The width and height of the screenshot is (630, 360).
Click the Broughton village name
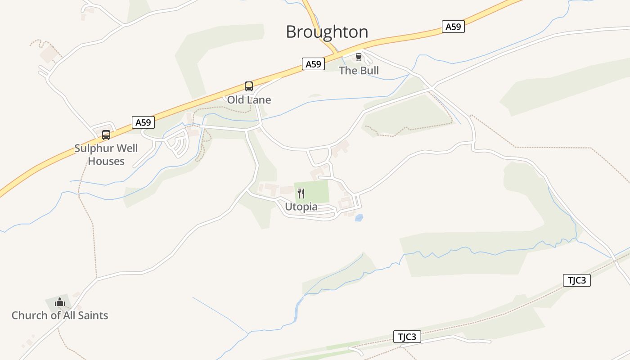pos(327,32)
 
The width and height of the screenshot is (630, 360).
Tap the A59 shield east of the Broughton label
pos(453,27)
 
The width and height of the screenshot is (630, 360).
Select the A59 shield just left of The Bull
pos(313,64)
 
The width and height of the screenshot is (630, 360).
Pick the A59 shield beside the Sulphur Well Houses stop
pos(143,122)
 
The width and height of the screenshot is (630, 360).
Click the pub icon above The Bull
pos(359,57)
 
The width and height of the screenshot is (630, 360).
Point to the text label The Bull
pos(359,71)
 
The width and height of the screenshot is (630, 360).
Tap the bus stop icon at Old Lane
pos(248,86)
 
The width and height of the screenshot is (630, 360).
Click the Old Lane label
pos(249,100)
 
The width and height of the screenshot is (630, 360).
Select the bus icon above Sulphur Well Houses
pos(106,135)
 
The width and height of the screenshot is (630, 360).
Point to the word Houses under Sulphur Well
pos(106,161)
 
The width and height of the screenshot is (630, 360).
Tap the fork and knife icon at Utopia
pos(301,193)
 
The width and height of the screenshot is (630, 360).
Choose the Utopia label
pos(301,207)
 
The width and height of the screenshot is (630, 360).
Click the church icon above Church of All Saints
pos(60,302)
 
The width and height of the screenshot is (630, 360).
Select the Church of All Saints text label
pos(60,315)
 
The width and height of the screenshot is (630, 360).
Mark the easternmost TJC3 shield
pos(576,280)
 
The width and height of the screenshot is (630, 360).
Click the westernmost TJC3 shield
pos(407,337)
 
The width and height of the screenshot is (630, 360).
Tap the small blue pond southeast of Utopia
pos(359,218)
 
